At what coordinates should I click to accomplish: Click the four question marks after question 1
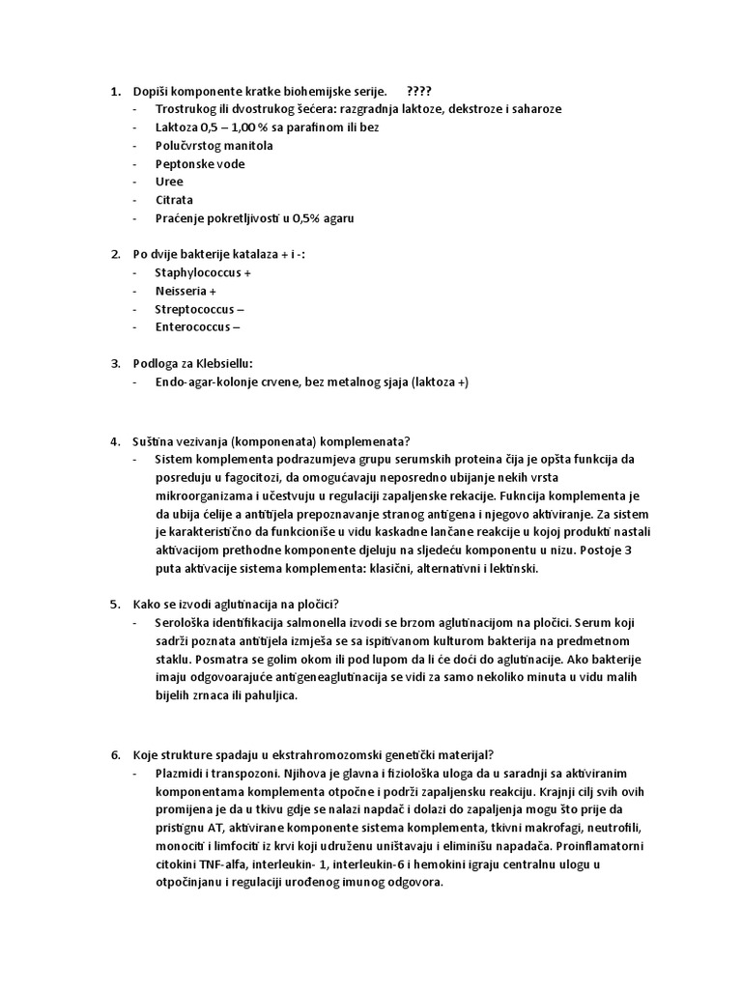pyautogui.click(x=420, y=91)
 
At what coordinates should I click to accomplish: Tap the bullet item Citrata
pyautogui.click(x=174, y=200)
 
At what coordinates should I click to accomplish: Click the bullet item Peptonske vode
pyautogui.click(x=199, y=163)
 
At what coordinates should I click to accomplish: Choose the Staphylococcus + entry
pyautogui.click(x=203, y=273)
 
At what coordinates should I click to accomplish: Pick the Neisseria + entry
pyautogui.click(x=185, y=291)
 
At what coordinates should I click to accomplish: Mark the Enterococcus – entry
pyautogui.click(x=199, y=327)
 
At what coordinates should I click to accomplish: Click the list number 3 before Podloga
pyautogui.click(x=114, y=364)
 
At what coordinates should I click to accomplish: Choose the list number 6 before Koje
pyautogui.click(x=114, y=754)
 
